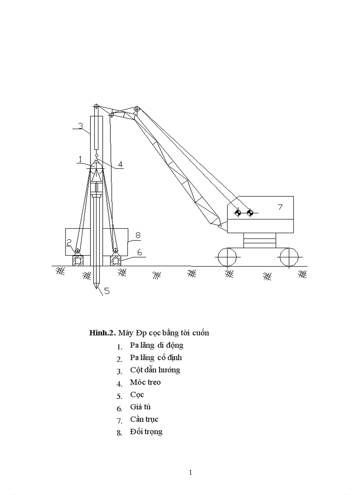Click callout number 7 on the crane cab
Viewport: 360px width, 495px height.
pos(280,207)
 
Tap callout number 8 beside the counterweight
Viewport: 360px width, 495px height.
pos(138,235)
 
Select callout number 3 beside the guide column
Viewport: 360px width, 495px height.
pos(80,126)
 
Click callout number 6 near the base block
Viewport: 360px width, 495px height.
pos(139,252)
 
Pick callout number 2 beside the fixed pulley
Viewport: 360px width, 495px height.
pos(69,243)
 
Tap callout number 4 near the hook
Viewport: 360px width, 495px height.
pos(120,164)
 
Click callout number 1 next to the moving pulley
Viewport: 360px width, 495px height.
pos(80,159)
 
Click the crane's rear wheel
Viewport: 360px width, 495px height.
pos(289,257)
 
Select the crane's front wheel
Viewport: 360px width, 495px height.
pos(227,257)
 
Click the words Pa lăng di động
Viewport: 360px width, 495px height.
pos(157,345)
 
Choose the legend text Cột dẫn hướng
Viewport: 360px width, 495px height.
pos(155,370)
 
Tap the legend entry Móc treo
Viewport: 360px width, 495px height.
pos(145,382)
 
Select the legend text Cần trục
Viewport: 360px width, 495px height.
pos(144,419)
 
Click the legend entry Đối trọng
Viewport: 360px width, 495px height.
pos(146,432)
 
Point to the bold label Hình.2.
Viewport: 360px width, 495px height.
pos(102,333)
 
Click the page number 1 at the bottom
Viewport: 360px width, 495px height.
pos(190,473)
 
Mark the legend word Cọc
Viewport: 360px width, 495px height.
pos(137,395)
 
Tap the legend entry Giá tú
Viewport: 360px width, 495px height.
pos(140,407)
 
